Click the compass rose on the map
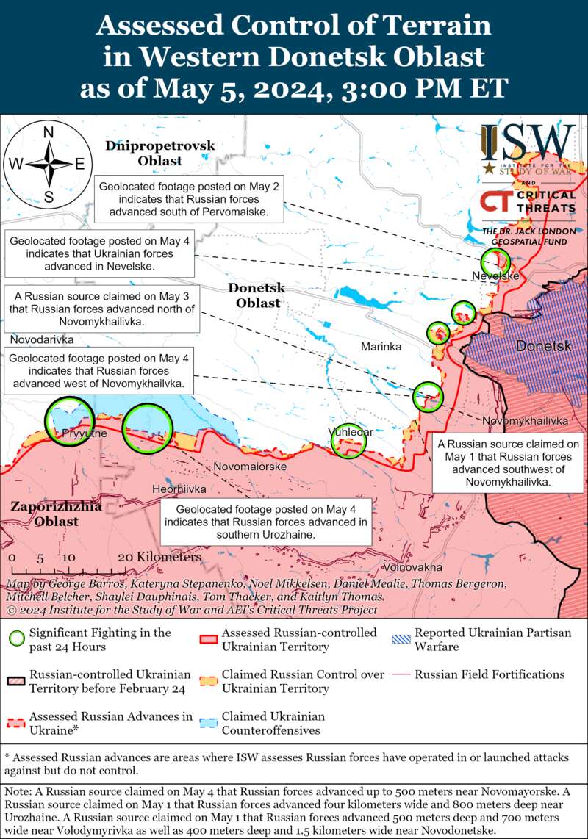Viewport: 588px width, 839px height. point(49,164)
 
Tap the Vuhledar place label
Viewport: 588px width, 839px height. point(351,432)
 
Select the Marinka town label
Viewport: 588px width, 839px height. point(381,346)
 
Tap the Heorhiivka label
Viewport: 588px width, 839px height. point(179,489)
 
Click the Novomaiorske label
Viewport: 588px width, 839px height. point(250,466)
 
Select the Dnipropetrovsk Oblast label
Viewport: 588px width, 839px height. point(159,153)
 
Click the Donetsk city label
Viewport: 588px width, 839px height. point(542,346)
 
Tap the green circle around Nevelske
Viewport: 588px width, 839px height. point(495,262)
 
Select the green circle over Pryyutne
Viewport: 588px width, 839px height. point(70,421)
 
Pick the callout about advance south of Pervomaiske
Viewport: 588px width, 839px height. point(190,200)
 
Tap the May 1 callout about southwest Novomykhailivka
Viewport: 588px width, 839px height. point(509,463)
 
